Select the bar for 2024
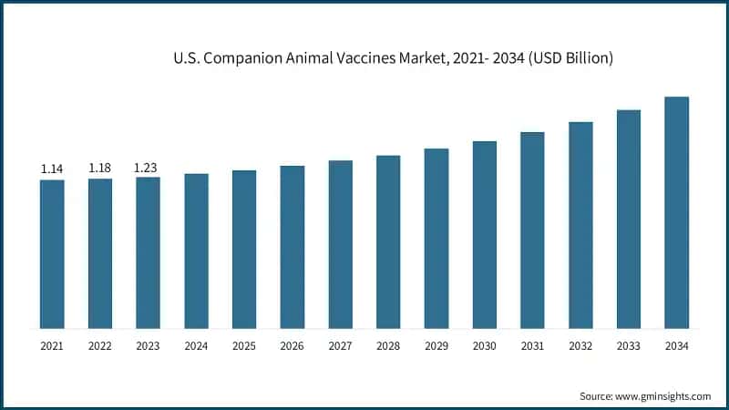click(x=196, y=251)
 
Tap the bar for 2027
click(x=340, y=244)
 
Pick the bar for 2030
click(x=484, y=234)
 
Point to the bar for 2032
click(x=580, y=225)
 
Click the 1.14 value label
click(x=52, y=169)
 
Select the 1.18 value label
click(x=100, y=168)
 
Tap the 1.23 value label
click(x=148, y=167)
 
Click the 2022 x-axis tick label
click(x=100, y=346)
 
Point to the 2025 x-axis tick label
click(x=244, y=346)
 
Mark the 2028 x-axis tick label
click(x=388, y=346)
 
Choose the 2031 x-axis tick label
click(x=532, y=346)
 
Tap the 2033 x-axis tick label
click(x=628, y=346)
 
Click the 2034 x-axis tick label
click(x=676, y=346)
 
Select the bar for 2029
click(x=436, y=238)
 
